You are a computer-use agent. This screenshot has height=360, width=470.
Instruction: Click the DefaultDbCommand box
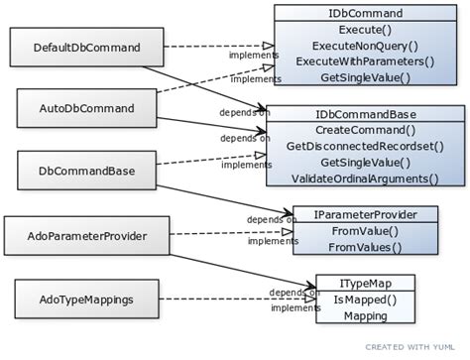tap(86, 48)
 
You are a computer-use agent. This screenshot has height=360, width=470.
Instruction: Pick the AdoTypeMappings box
tap(86, 298)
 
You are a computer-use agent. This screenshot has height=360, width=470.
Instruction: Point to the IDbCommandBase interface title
tap(364, 114)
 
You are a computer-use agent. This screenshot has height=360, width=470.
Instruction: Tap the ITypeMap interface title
tap(364, 283)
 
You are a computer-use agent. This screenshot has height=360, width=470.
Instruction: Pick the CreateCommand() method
tap(364, 130)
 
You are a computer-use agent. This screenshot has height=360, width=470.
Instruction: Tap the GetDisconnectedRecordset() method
tap(364, 146)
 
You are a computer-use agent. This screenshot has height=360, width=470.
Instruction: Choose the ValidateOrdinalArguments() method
tap(364, 179)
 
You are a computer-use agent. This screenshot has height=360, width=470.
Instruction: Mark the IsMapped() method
tap(364, 300)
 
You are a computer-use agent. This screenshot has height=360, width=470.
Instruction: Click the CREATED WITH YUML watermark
tap(414, 347)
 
